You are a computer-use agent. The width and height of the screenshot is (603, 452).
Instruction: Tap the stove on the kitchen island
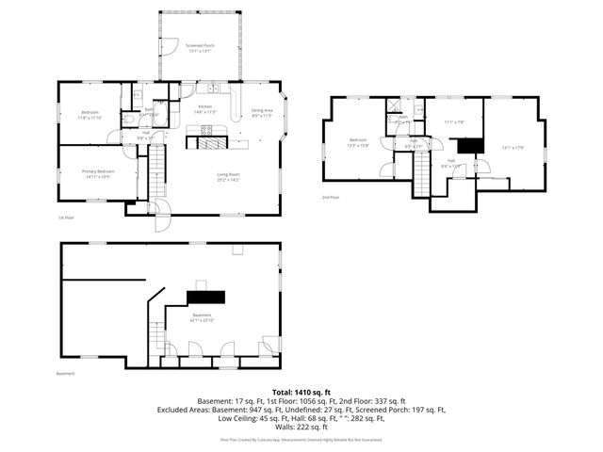click(x=207, y=131)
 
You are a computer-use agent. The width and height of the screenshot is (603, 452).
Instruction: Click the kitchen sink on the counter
click(x=215, y=89)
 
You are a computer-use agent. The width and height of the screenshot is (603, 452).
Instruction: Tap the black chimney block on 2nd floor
click(x=469, y=145)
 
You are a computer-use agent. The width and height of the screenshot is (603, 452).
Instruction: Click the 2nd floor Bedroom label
click(x=357, y=144)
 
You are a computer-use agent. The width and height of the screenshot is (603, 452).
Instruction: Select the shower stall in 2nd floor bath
click(x=392, y=105)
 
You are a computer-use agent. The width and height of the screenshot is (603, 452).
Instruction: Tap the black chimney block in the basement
click(x=204, y=297)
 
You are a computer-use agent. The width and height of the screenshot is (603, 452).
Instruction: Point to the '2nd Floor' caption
click(x=330, y=197)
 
